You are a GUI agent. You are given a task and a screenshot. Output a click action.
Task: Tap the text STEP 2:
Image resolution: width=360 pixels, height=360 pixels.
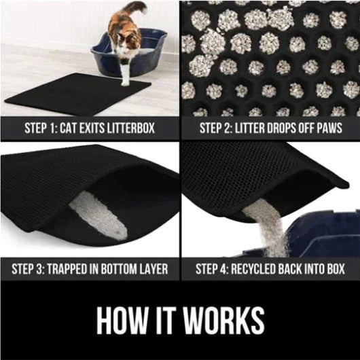pos(217,127)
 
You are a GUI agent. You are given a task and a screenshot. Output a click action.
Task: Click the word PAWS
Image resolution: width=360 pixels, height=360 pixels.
pos(327,127)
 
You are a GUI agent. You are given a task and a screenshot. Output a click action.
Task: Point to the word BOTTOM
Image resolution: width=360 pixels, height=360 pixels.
pos(126,268)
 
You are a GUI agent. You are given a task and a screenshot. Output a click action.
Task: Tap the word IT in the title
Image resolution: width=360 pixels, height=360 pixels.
pos(165,321)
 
